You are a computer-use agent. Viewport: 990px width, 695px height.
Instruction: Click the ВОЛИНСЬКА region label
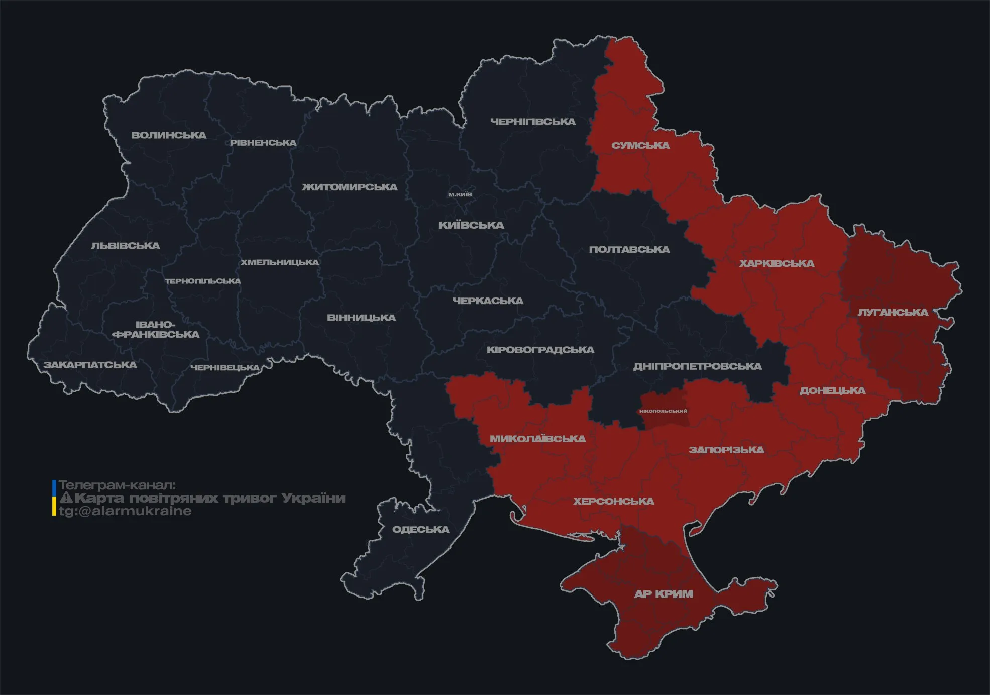[169, 135]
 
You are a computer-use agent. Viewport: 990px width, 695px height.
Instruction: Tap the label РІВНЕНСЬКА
[263, 143]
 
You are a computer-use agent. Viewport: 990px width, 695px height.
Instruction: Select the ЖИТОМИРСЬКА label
[350, 187]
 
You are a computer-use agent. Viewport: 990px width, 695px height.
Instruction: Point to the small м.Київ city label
[460, 194]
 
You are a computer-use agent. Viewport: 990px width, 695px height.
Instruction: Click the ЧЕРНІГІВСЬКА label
[533, 122]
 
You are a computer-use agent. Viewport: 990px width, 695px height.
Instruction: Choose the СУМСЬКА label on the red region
[640, 146]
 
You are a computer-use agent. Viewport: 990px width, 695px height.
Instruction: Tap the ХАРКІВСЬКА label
[777, 263]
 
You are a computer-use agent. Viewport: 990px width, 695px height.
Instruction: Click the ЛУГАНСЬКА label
[893, 312]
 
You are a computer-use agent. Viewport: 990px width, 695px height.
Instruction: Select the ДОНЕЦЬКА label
[832, 390]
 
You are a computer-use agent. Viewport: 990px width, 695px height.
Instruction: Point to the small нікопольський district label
[663, 411]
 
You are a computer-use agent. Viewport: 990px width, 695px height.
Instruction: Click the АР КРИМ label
[664, 594]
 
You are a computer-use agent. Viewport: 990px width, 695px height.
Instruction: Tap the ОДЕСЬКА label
[420, 530]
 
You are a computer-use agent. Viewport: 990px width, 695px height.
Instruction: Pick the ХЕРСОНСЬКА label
[614, 501]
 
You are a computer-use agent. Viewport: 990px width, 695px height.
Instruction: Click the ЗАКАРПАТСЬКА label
[90, 365]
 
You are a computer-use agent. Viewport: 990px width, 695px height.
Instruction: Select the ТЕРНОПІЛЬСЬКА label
[203, 281]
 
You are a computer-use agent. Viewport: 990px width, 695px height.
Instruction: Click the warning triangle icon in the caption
[66, 498]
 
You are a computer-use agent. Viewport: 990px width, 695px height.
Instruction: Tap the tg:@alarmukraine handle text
[125, 511]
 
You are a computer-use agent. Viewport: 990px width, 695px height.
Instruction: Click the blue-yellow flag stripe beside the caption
[54, 498]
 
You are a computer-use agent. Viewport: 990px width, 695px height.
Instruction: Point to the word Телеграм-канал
[117, 485]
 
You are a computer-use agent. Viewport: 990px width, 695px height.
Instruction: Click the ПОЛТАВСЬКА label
[629, 250]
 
